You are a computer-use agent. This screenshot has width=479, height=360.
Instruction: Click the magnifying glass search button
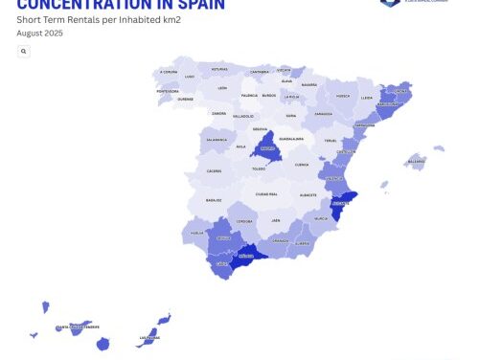click(23, 51)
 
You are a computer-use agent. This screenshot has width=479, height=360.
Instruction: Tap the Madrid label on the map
click(269, 149)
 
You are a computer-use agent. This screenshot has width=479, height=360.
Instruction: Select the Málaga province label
click(245, 257)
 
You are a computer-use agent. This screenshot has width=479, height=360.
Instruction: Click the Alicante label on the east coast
click(339, 204)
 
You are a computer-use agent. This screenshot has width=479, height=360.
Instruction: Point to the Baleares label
click(416, 162)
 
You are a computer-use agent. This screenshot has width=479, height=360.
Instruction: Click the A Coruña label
click(169, 72)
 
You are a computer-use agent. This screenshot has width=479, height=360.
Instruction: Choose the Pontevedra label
click(168, 92)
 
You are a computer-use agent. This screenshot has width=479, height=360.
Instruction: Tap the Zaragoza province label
click(324, 113)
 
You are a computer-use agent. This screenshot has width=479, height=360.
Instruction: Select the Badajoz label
click(212, 200)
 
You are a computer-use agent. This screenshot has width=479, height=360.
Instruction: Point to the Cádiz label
click(221, 263)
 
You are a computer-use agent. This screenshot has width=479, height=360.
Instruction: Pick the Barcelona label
click(388, 105)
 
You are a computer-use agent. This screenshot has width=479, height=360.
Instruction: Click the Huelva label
click(196, 233)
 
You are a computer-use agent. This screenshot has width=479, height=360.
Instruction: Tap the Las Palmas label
click(149, 337)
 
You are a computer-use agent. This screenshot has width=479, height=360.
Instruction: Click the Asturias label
click(220, 69)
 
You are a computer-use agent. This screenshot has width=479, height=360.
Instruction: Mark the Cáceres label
click(213, 171)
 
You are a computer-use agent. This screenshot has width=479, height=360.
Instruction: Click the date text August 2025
click(39, 33)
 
